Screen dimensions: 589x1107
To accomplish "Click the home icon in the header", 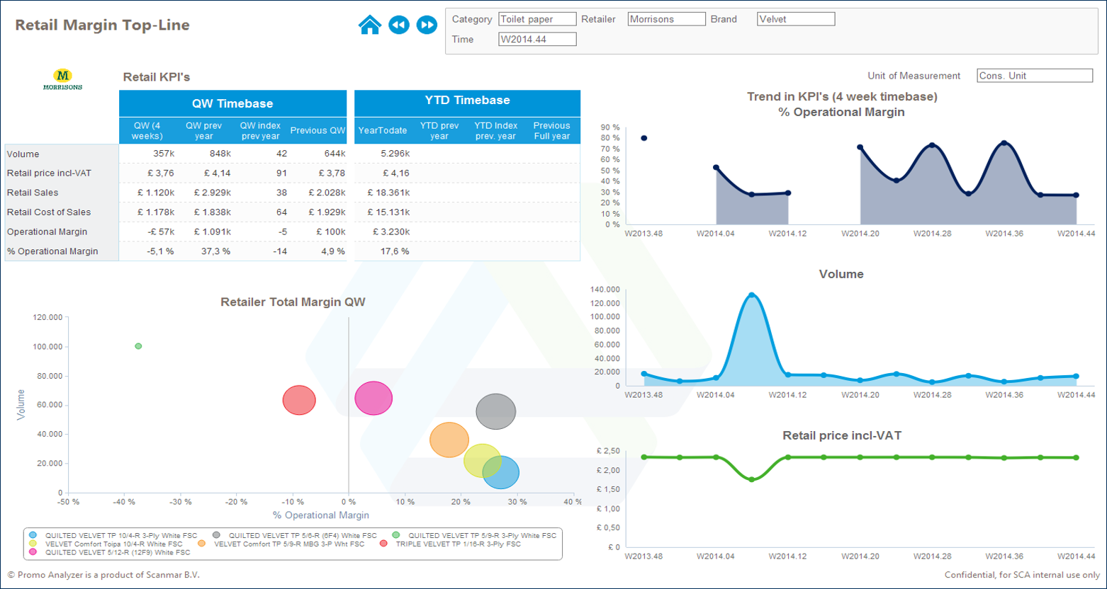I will pyautogui.click(x=370, y=25).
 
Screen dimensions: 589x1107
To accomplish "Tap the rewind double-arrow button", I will pyautogui.click(x=399, y=25).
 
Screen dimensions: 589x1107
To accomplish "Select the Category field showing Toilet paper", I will pyautogui.click(x=537, y=19).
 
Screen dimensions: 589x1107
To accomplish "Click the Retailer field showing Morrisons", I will pyautogui.click(x=666, y=19).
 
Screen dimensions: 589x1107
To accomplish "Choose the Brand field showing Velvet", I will pyautogui.click(x=795, y=19).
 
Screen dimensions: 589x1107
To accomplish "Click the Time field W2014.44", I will pyautogui.click(x=537, y=39).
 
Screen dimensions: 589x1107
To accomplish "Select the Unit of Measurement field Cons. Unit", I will pyautogui.click(x=1035, y=76).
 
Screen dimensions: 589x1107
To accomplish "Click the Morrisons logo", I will pyautogui.click(x=62, y=79).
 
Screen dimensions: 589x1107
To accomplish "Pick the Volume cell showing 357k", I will pyautogui.click(x=162, y=154).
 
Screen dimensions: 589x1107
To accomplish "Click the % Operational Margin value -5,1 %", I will pyautogui.click(x=159, y=251).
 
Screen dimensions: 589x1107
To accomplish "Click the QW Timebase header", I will pyautogui.click(x=232, y=103).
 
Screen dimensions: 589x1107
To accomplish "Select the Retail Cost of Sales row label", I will pyautogui.click(x=49, y=212).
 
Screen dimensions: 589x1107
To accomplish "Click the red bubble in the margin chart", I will pyautogui.click(x=299, y=400).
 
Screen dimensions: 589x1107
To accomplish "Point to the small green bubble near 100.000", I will pyautogui.click(x=138, y=346).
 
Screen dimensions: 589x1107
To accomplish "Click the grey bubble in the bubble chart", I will pyautogui.click(x=495, y=411).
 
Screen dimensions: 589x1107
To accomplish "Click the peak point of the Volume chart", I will pyautogui.click(x=752, y=295).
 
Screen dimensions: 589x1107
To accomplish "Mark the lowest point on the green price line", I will pyautogui.click(x=752, y=479).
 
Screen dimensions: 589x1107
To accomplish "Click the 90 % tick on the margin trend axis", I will pyautogui.click(x=610, y=127).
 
